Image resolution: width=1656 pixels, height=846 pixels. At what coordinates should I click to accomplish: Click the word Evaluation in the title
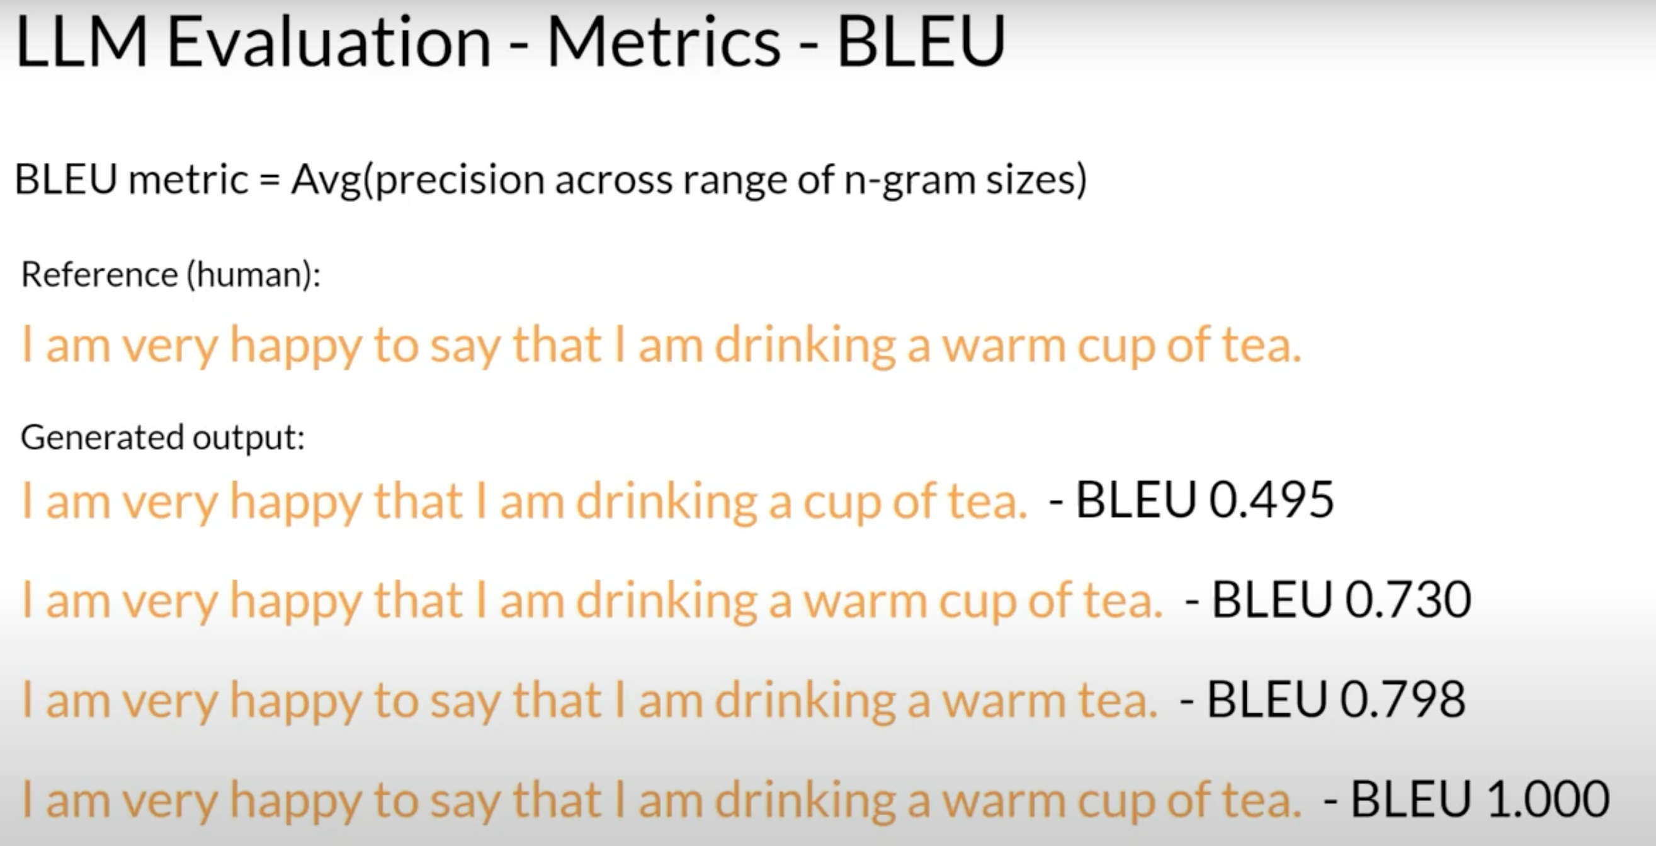329,42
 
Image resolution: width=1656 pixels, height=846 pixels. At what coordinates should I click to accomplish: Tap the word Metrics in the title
664,42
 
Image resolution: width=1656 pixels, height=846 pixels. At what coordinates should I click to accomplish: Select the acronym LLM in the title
81,42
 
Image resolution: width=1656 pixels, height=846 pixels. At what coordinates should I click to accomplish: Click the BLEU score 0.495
1271,500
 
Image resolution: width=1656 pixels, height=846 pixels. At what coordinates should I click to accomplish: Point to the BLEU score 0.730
1408,599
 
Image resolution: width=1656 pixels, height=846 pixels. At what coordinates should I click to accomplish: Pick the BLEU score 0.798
1403,699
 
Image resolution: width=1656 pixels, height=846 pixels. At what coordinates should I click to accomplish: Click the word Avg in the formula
326,180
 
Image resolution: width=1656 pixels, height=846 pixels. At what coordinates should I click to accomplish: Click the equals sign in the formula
269,179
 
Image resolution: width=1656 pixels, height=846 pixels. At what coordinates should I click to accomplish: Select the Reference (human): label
171,275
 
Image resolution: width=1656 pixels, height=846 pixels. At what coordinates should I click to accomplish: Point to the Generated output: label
162,437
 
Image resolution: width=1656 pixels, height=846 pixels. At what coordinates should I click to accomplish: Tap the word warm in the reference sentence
1004,347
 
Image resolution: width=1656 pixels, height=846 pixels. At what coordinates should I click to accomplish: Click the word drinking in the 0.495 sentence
667,502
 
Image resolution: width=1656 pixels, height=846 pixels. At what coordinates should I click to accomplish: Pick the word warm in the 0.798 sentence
1004,701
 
